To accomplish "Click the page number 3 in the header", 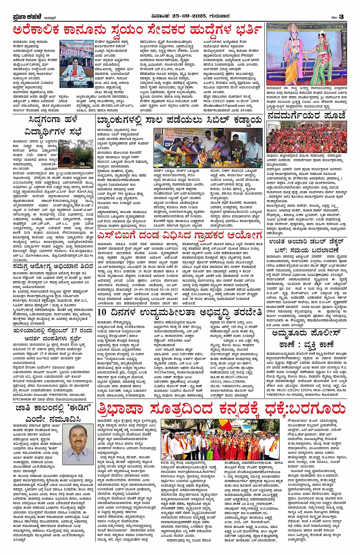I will (x=341, y=16).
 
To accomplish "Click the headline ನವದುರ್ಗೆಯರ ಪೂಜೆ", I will (x=306, y=116).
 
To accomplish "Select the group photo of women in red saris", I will (x=306, y=137).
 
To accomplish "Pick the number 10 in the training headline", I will (x=102, y=312).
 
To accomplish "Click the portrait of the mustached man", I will (x=77, y=439).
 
